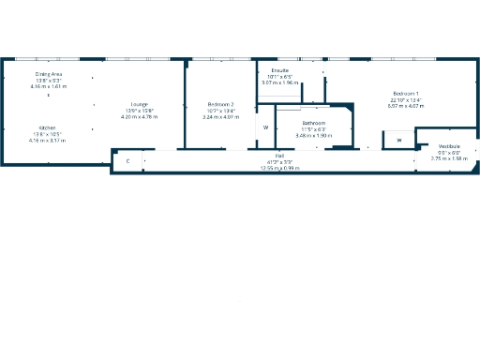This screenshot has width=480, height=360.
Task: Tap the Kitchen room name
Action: [47, 127]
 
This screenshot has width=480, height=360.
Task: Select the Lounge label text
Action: [139, 104]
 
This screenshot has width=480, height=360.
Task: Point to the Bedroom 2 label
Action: [220, 104]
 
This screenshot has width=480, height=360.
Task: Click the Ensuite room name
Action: [279, 70]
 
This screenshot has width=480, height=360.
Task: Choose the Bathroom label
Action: [313, 124]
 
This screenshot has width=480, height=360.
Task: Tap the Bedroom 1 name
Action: [405, 94]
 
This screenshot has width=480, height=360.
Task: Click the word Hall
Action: [279, 155]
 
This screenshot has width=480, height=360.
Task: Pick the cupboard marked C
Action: [127, 161]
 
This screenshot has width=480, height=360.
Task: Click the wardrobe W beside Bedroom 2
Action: [265, 127]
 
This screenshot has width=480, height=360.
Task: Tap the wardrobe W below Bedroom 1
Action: [397, 141]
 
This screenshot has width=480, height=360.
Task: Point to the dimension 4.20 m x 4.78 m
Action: [139, 116]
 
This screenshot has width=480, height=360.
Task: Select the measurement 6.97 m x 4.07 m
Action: [405, 106]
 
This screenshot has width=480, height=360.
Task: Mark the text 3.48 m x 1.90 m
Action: [313, 136]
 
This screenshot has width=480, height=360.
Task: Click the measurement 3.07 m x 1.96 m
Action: [279, 82]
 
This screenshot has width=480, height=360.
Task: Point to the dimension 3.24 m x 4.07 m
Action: [220, 116]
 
